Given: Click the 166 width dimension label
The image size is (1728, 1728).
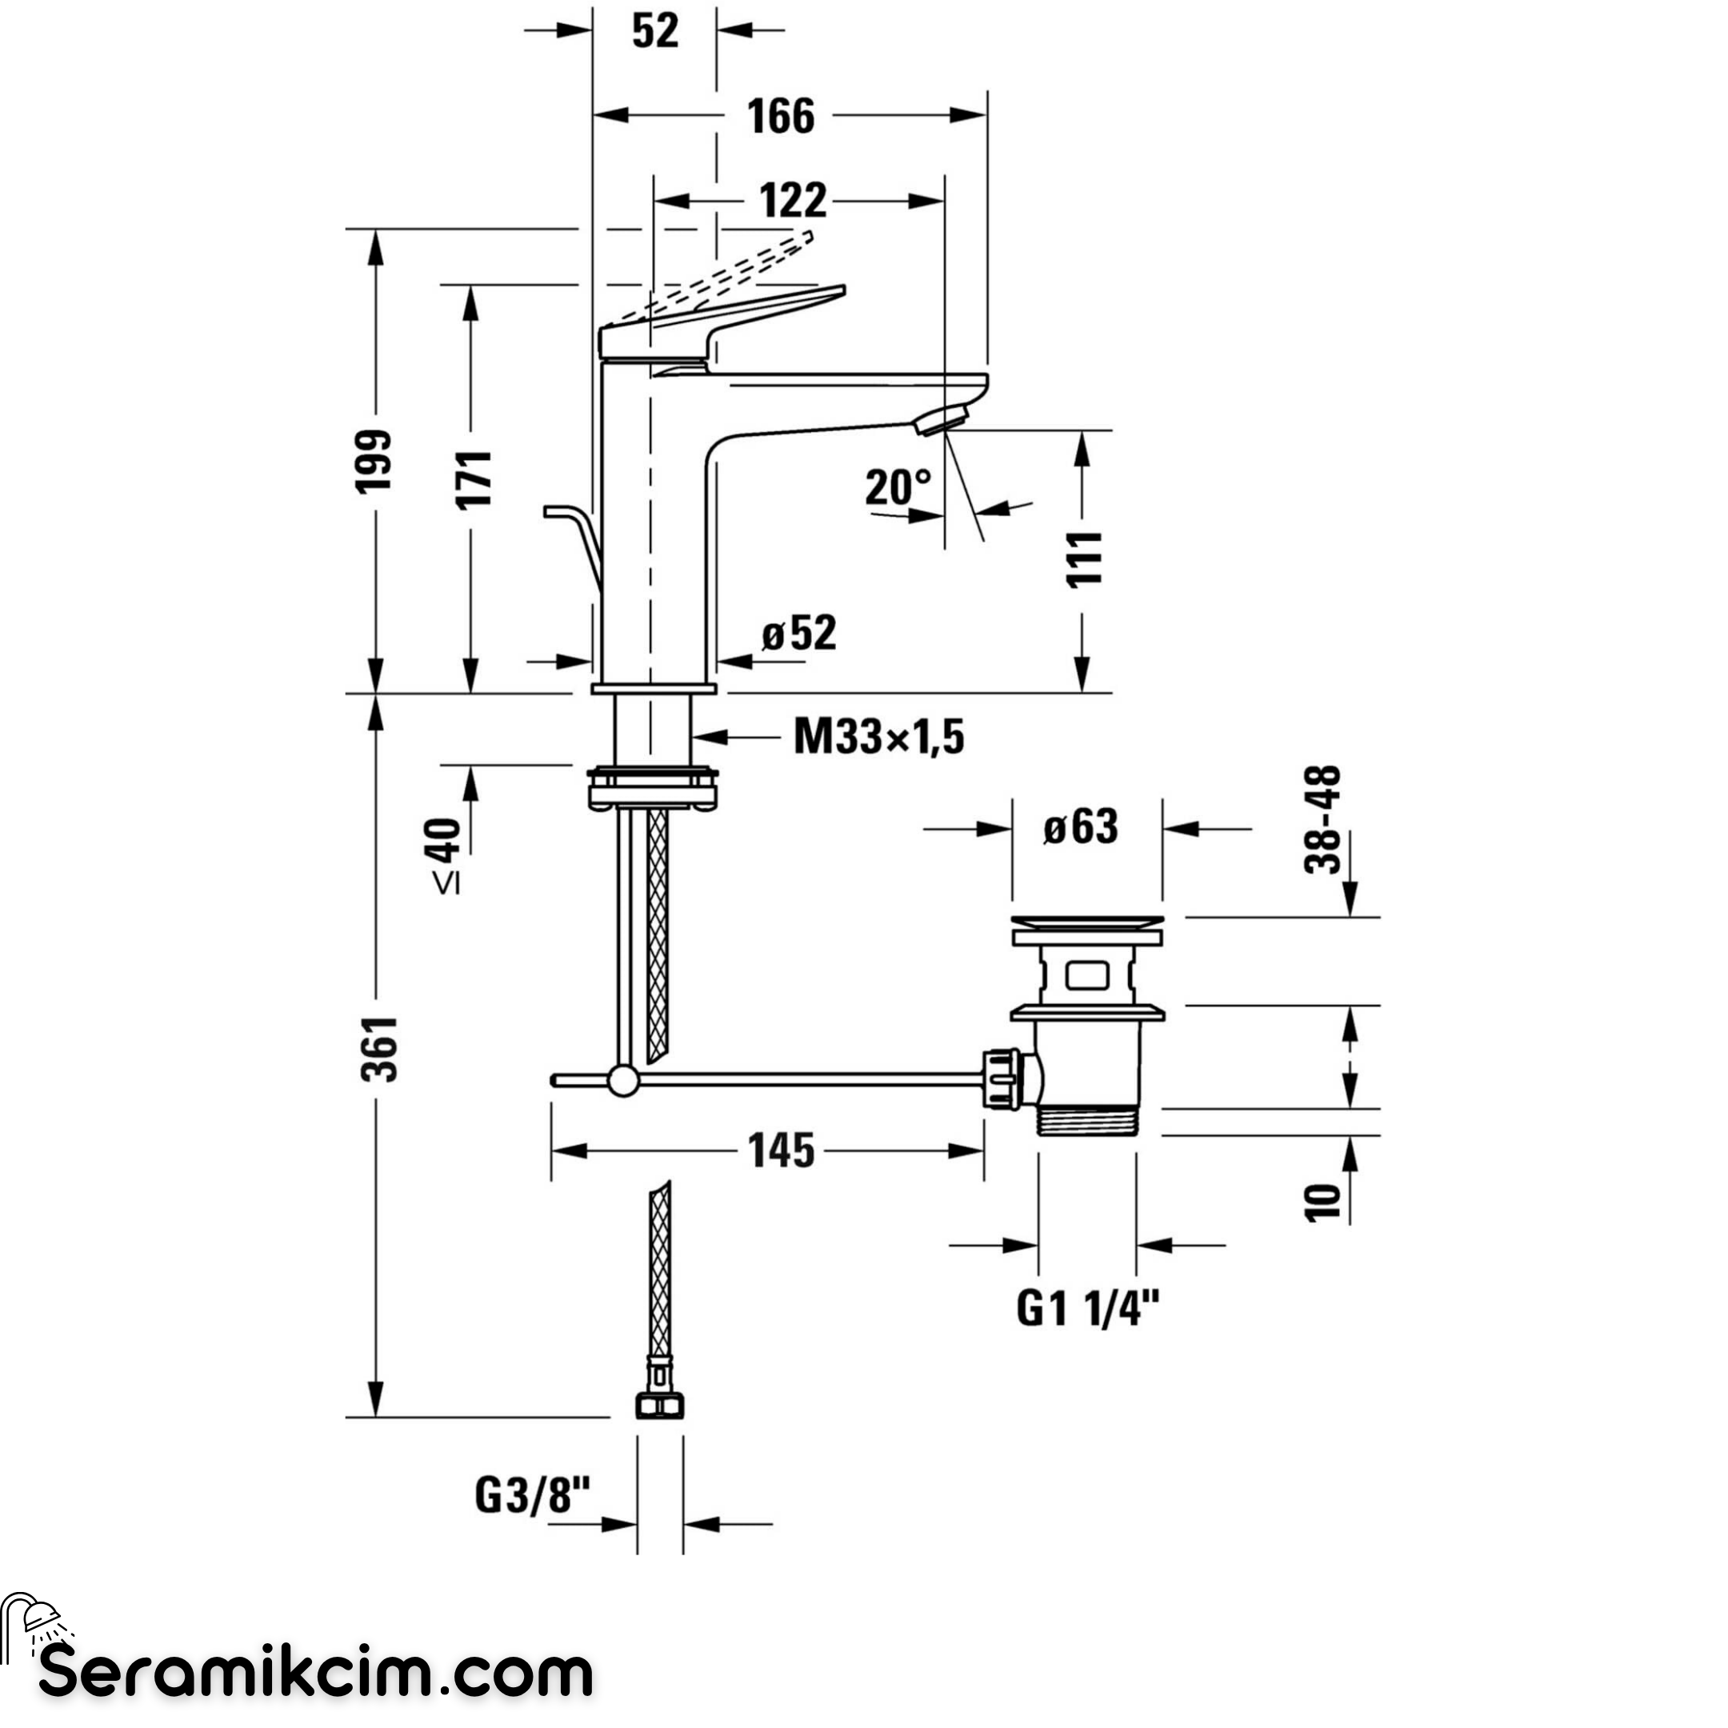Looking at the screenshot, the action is pos(781,116).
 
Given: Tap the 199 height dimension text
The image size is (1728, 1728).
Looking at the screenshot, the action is pos(374,460).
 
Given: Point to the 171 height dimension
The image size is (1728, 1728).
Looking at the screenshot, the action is pos(474,479).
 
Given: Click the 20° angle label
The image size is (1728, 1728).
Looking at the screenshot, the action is pos(898,486).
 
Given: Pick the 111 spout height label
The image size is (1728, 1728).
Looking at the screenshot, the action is pos(1083,558).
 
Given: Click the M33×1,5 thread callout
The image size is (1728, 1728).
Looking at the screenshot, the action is pos(879,738).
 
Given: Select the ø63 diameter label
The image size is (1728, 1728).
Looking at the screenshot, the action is pos(1081,827).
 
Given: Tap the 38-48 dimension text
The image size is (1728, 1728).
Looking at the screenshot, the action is pos(1324,819).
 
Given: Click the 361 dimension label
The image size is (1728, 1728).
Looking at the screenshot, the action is pos(381,1049).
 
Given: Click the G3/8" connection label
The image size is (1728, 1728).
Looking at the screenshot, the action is pos(533,1495).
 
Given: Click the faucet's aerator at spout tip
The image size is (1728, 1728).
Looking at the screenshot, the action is pos(942,419).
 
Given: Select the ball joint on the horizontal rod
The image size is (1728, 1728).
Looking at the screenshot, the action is pos(622,1081).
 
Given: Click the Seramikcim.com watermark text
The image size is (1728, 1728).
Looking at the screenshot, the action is pos(316,1674).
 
